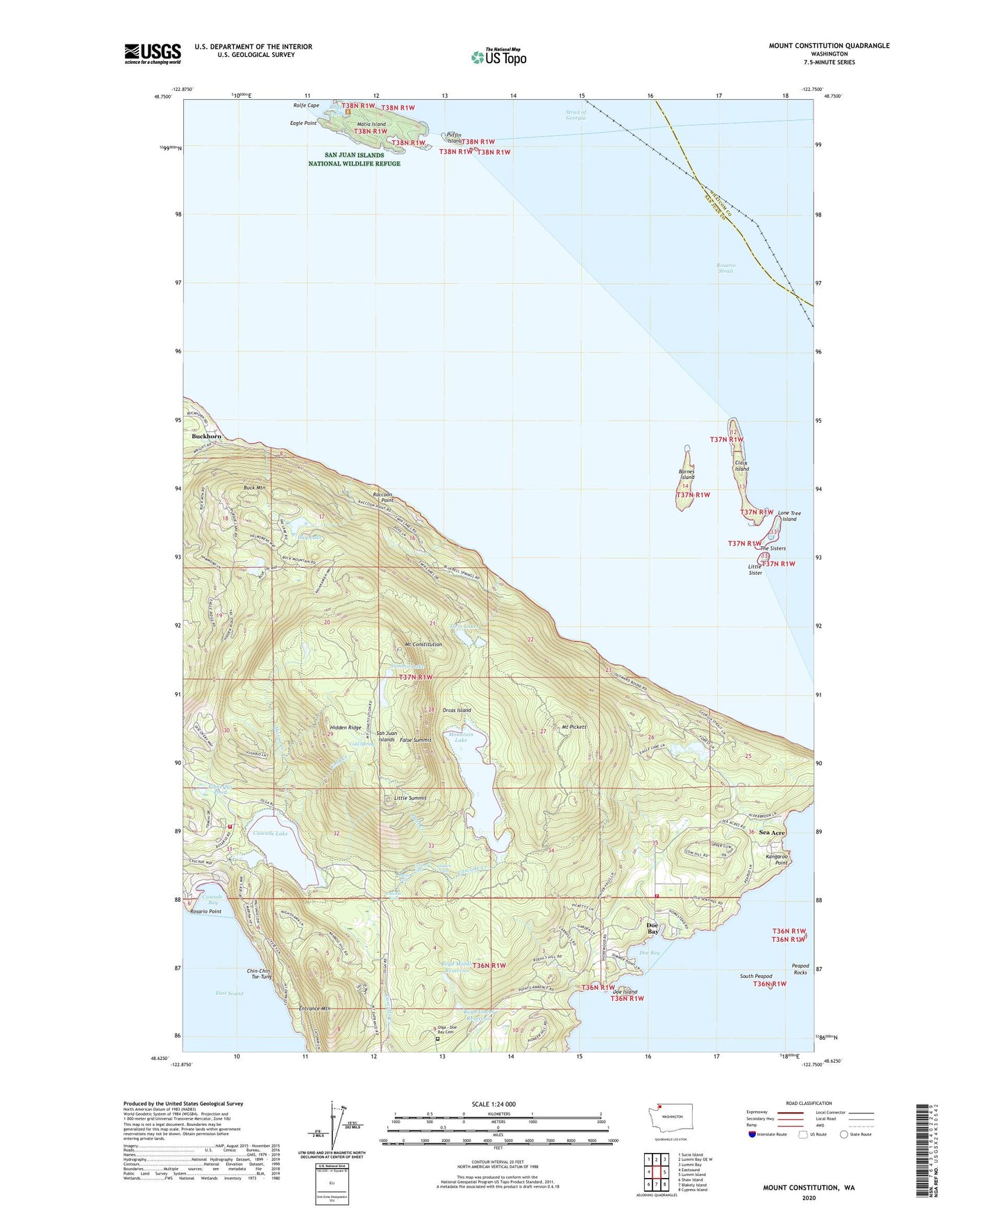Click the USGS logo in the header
click(x=152, y=53)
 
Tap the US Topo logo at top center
click(x=498, y=57)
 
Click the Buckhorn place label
click(x=206, y=436)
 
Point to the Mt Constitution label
click(x=423, y=644)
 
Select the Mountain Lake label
click(x=461, y=737)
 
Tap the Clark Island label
click(x=742, y=466)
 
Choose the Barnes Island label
click(x=686, y=475)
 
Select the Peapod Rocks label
click(x=800, y=968)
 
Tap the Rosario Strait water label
click(x=725, y=268)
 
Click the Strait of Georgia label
click(x=575, y=115)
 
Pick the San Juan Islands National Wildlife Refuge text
click(x=354, y=160)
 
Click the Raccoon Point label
click(x=383, y=497)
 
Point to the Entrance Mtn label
click(x=314, y=1009)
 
